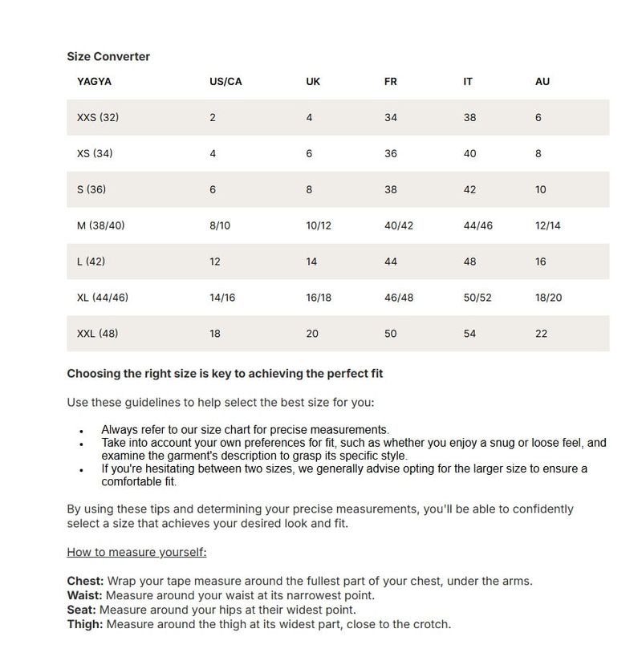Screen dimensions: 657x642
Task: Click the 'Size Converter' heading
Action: [108, 57]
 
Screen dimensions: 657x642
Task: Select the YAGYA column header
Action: [94, 82]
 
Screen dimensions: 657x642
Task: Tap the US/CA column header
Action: [226, 82]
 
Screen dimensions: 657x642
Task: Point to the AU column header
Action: [542, 82]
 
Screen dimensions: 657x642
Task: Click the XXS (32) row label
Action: [98, 118]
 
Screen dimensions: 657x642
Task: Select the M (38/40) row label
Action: [101, 225]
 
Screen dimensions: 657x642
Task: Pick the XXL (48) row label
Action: [98, 334]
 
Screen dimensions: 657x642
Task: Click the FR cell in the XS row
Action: [391, 153]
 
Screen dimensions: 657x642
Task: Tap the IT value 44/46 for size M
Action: [478, 225]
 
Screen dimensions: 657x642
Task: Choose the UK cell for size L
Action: [311, 262]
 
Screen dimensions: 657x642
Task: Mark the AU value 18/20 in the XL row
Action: [548, 298]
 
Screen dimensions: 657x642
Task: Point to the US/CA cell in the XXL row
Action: [215, 334]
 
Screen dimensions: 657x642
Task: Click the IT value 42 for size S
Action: [469, 190]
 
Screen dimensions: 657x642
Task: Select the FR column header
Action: [391, 82]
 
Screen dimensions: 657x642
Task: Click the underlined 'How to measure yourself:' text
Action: [136, 552]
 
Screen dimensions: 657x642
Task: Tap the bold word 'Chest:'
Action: [85, 581]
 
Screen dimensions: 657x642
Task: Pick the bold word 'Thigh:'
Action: [85, 624]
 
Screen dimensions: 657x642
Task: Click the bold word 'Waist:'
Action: [84, 595]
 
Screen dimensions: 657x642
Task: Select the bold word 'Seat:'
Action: [81, 610]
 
